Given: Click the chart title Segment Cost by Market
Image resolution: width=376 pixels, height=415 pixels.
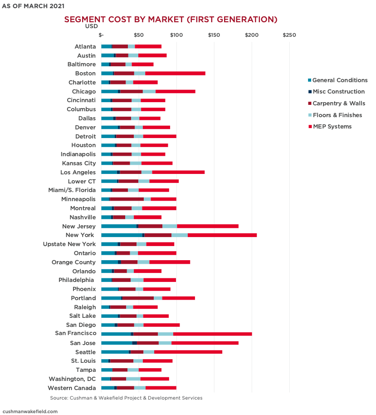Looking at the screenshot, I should (171, 20).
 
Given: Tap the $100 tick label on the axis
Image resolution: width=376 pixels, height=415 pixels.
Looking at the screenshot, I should (176, 35).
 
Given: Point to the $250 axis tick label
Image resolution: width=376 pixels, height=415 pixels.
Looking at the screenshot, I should (289, 35).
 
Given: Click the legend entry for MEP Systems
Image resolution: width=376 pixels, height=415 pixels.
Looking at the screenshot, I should (332, 127).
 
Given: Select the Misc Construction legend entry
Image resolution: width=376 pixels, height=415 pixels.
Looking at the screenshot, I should (338, 92).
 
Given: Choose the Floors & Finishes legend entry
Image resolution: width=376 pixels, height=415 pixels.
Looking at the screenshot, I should (337, 115).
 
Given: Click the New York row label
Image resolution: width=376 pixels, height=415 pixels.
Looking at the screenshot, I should (80, 235).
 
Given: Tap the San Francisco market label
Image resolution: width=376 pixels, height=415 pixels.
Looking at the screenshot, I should (75, 334).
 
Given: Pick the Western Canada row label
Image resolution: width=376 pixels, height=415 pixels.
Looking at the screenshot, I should (72, 388).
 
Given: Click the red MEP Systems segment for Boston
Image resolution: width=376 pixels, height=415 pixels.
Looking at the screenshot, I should (175, 74).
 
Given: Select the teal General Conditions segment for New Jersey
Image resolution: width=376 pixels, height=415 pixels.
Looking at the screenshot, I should (118, 226).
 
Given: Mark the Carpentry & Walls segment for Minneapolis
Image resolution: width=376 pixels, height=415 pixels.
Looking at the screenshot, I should (127, 199).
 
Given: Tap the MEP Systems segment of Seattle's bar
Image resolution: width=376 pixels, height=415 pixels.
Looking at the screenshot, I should (188, 352).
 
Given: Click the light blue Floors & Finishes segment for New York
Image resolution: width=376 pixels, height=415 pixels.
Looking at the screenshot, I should (179, 235).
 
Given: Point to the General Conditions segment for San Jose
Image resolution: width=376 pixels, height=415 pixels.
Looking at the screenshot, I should (117, 343).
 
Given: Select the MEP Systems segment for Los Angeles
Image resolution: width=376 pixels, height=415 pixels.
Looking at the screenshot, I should (178, 173).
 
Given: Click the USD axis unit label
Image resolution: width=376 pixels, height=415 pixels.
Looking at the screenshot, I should (91, 26).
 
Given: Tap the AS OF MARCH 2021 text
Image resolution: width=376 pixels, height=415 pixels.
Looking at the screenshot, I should (33, 6).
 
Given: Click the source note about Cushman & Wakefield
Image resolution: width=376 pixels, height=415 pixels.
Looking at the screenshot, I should (126, 398).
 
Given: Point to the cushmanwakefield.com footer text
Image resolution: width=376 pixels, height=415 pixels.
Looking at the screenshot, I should (30, 411).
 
